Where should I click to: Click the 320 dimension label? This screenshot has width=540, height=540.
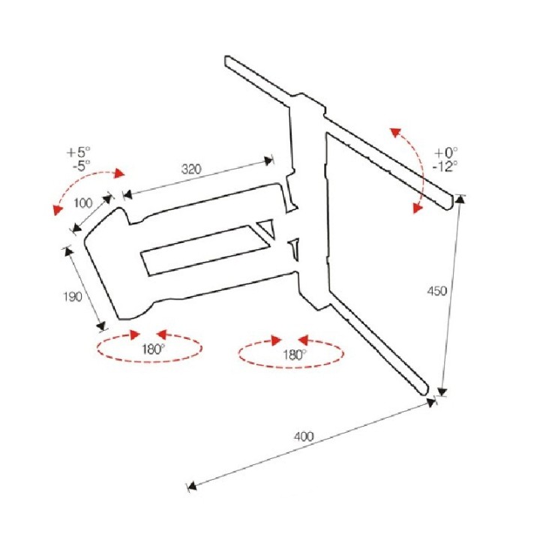(191, 169)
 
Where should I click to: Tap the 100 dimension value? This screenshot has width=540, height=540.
(83, 202)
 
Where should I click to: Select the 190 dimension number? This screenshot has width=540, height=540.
(73, 296)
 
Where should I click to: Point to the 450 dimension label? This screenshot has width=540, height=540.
(436, 291)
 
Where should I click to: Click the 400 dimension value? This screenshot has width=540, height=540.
(304, 436)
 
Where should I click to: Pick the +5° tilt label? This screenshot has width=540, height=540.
(79, 151)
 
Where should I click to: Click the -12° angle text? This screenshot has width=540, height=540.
(445, 166)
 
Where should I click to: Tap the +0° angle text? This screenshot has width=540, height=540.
(446, 152)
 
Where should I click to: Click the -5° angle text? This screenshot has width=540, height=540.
(81, 166)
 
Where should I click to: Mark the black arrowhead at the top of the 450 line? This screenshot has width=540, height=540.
(460, 199)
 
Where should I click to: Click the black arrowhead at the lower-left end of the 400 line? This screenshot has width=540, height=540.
(192, 485)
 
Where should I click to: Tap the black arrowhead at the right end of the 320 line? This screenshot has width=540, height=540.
(268, 160)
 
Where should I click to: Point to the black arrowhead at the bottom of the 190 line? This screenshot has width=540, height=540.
(100, 325)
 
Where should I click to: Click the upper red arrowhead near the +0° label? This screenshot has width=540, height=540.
(396, 132)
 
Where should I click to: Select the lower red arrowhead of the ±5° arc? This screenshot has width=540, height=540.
(57, 209)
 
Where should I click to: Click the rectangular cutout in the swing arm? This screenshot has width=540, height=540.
(207, 250)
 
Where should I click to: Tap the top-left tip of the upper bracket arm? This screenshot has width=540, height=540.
(226, 57)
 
